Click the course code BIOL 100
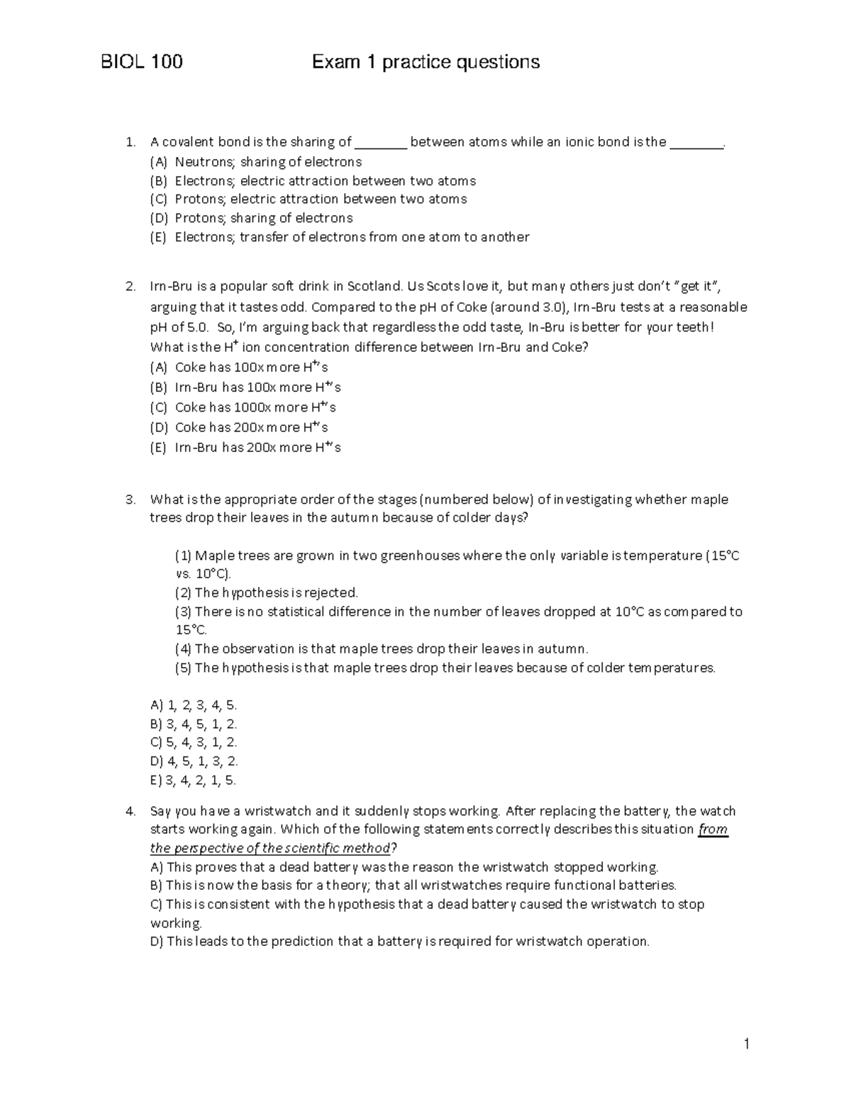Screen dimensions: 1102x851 tap(142, 62)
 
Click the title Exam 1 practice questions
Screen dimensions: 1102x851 tap(425, 62)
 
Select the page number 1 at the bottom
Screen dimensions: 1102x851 tap(746, 1043)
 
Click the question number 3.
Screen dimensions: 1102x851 tap(130, 500)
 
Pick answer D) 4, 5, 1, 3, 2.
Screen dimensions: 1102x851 tap(194, 761)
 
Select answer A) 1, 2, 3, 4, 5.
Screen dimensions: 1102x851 tap(194, 705)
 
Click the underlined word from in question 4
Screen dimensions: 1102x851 tap(713, 830)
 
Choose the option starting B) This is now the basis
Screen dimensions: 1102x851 tap(413, 886)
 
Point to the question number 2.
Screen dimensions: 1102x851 tap(130, 287)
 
